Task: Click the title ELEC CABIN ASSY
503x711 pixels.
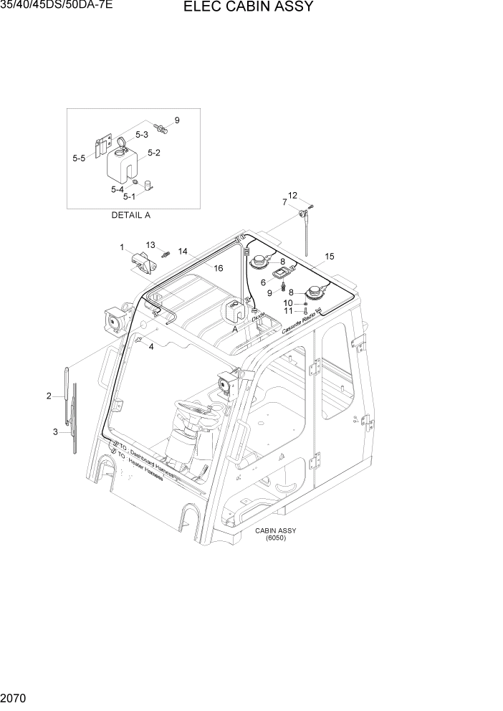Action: (x=248, y=8)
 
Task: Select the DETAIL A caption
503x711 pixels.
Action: (x=130, y=215)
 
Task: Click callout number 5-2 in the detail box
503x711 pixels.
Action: (x=153, y=153)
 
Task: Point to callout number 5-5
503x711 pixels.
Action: (x=79, y=158)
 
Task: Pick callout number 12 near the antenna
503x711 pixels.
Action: (x=292, y=195)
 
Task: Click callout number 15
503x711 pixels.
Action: (x=330, y=256)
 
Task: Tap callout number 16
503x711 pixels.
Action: (x=219, y=267)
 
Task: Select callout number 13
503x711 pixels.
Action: (x=150, y=245)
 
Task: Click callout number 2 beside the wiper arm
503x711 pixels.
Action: (x=49, y=396)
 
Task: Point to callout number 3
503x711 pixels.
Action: (x=55, y=431)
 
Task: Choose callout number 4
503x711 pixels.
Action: (x=150, y=347)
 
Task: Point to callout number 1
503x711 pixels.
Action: (x=123, y=248)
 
